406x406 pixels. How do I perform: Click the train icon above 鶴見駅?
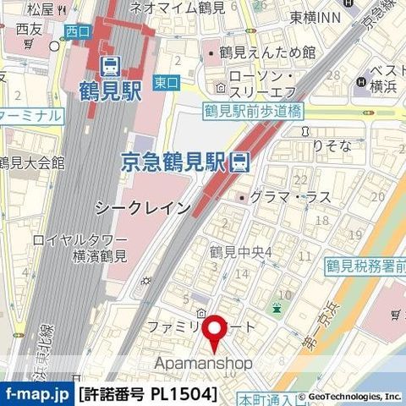(109, 65)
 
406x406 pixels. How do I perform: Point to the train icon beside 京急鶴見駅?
(241, 159)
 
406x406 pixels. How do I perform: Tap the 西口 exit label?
(76, 31)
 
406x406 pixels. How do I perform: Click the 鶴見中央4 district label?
(240, 253)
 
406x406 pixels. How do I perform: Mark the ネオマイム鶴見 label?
(177, 8)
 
